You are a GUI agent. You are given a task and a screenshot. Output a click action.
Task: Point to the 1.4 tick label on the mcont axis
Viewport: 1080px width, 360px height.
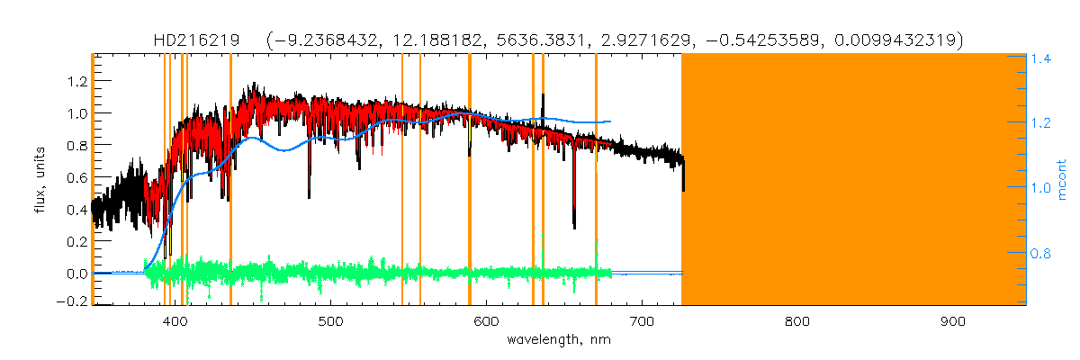(x=1041, y=58)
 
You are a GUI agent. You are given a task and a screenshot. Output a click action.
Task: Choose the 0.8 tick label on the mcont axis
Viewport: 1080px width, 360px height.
(x=1041, y=254)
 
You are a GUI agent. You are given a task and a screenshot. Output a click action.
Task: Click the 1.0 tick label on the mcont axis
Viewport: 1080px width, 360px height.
(x=1041, y=188)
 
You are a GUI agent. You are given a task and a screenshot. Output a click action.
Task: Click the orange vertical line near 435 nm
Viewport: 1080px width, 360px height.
(x=230, y=180)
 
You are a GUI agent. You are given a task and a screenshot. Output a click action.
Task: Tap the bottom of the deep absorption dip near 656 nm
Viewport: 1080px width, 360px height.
(x=574, y=227)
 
